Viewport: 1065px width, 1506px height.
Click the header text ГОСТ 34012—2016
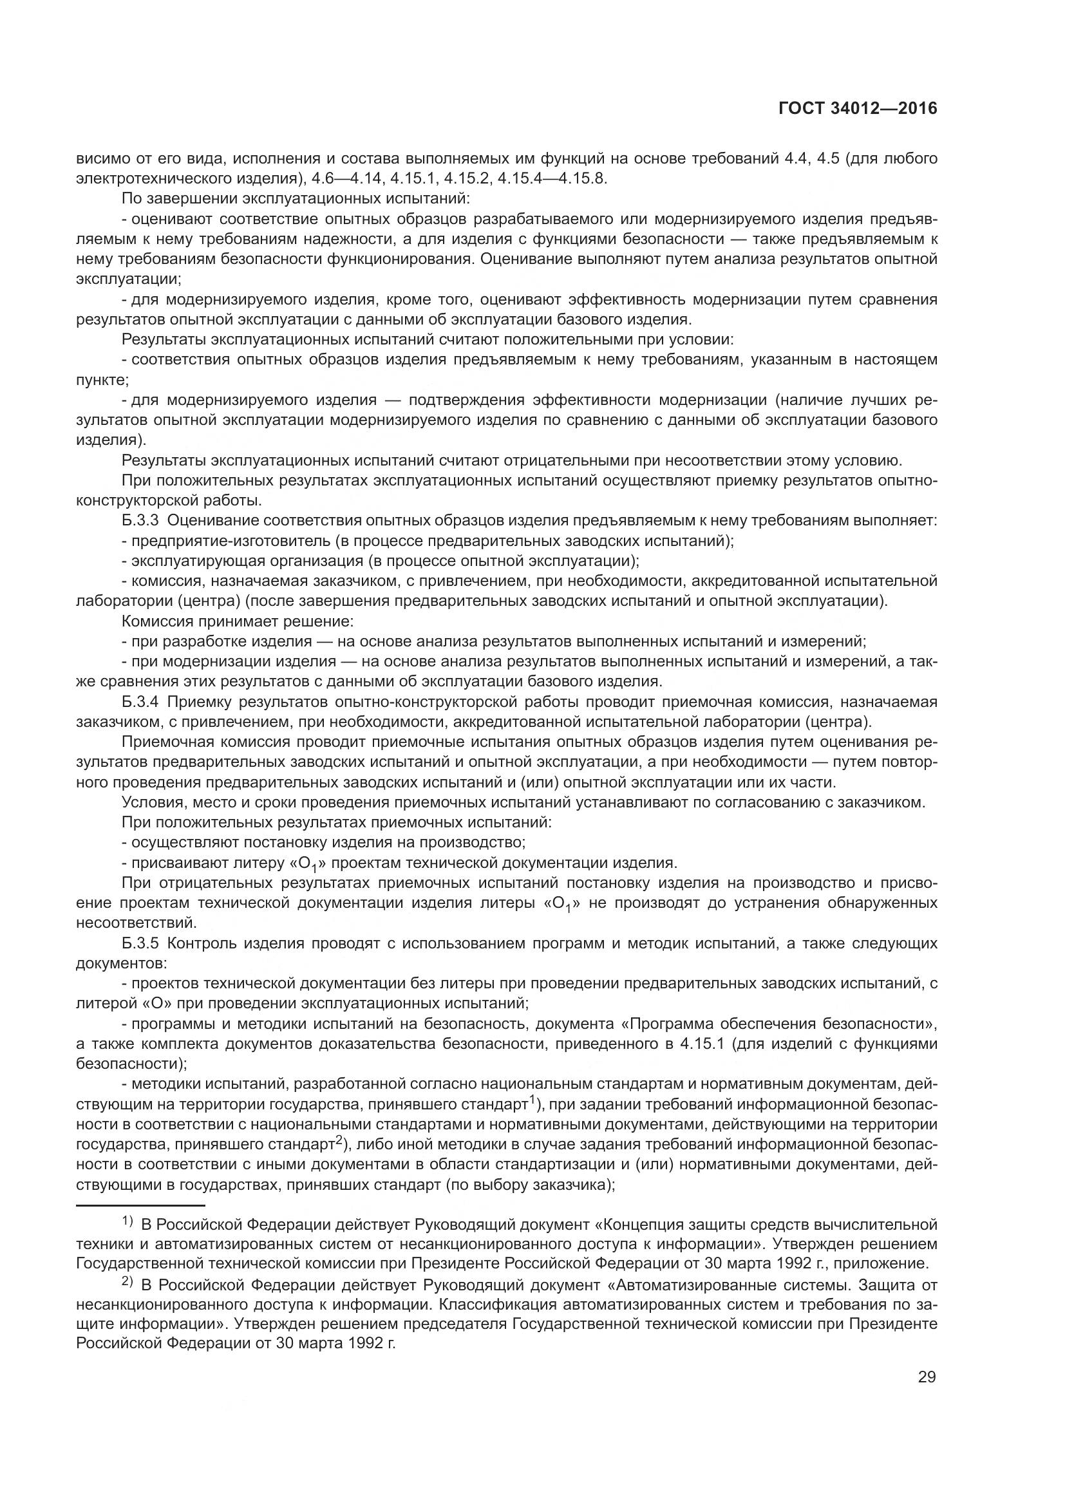click(x=857, y=109)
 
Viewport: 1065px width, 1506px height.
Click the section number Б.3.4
click(x=140, y=702)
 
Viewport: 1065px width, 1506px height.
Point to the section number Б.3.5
click(x=140, y=944)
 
